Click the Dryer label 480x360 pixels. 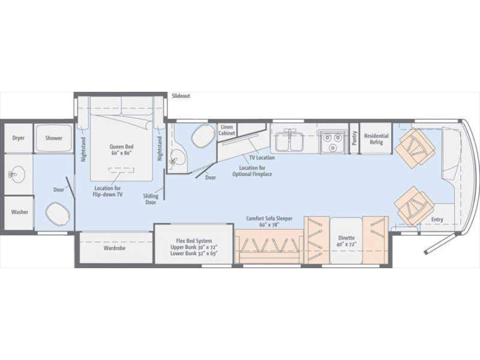19,138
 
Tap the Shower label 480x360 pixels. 54,138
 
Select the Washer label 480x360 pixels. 20,212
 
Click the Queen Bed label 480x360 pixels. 122,149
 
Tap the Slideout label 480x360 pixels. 181,96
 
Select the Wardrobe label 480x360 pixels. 115,248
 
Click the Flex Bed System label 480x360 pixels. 194,247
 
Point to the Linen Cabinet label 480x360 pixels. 227,130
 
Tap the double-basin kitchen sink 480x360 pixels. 289,142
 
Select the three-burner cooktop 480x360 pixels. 333,142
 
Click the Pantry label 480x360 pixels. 355,138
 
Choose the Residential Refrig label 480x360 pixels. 376,139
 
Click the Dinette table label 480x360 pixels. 347,241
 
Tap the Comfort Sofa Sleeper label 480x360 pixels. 269,221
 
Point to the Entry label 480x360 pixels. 437,220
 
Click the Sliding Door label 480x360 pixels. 151,199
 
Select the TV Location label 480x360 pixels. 262,158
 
